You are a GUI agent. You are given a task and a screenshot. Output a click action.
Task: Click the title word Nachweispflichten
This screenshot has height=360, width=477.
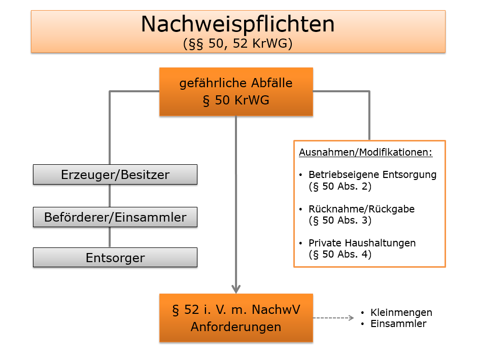coord(237,24)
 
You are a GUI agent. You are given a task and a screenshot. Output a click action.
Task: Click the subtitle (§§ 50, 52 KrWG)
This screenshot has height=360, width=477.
coord(237,43)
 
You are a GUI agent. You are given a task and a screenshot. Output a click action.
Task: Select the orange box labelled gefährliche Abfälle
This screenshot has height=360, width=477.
coord(236,91)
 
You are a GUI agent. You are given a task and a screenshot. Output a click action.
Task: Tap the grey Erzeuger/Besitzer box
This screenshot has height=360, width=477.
coord(115,174)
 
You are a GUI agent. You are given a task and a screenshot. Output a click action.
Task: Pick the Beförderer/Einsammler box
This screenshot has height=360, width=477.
coord(115,217)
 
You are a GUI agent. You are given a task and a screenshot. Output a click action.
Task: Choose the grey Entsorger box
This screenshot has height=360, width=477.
coord(115,258)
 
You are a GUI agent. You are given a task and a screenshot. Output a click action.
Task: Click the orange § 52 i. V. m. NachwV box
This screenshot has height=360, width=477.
coord(236,318)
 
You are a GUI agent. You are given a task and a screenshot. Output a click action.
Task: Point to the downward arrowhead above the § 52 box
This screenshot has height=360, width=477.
coord(236,289)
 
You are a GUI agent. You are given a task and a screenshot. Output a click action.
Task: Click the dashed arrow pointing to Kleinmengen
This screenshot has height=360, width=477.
coord(333,318)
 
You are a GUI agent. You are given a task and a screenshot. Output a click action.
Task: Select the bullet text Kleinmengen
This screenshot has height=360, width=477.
coord(401,312)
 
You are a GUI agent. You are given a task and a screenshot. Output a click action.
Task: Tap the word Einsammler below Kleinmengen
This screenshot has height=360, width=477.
coord(398,323)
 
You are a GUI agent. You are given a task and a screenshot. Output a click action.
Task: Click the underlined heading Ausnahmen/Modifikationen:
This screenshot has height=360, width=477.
coord(366,152)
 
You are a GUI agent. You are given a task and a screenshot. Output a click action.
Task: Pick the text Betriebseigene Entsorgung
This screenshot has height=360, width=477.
coord(372,174)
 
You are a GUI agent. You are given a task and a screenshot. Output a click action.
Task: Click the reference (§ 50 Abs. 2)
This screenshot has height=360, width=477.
coord(340,186)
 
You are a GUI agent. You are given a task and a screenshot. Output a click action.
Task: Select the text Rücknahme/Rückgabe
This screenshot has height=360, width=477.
coord(361,209)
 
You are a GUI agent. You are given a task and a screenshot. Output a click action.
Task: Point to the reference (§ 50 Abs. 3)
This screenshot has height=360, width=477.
coord(340,220)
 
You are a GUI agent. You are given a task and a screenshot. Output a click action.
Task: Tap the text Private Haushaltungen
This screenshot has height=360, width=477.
coord(362,243)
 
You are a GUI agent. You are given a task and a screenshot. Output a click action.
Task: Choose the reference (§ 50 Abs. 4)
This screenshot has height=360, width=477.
coord(340,254)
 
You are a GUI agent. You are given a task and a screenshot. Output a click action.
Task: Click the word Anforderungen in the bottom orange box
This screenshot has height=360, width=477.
coord(236,327)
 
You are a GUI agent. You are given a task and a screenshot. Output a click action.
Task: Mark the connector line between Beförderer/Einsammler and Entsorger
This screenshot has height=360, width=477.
coord(110,237)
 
